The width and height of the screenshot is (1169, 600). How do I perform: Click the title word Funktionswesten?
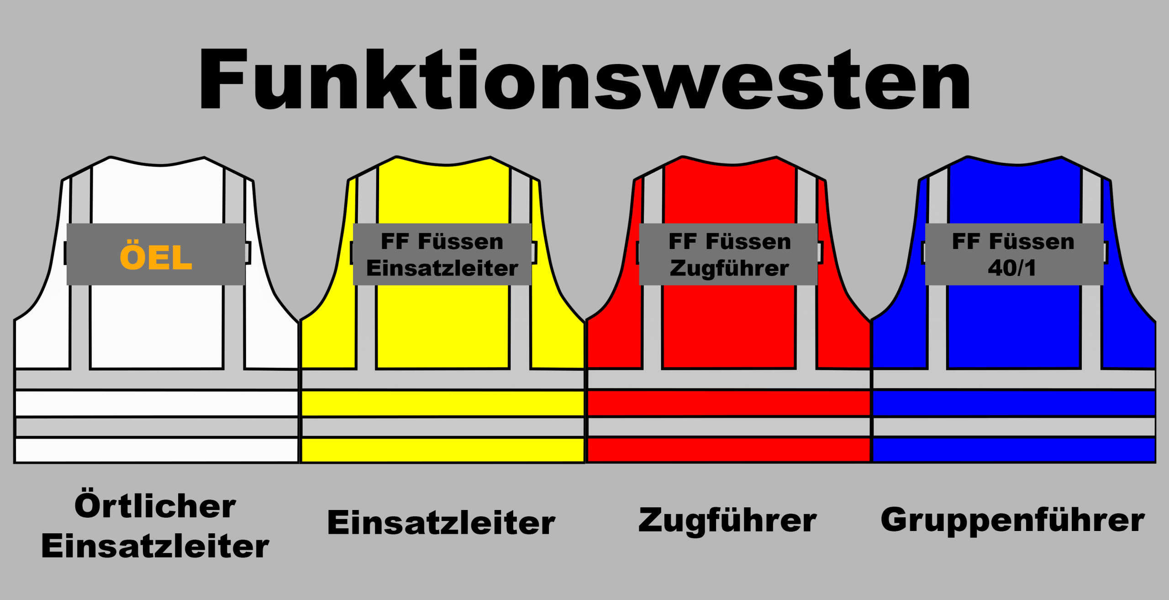point(584,80)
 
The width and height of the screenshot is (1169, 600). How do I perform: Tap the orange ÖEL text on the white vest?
point(156,257)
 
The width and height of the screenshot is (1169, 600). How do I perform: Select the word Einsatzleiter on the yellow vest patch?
point(442,268)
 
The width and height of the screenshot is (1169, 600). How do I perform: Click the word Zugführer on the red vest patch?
point(729,268)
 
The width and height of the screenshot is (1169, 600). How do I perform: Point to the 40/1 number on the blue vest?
point(1012,268)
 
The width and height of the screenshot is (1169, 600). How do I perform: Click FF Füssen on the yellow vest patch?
point(442,241)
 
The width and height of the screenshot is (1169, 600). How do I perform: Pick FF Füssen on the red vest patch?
point(729,241)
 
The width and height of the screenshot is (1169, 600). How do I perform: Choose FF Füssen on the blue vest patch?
point(1013,241)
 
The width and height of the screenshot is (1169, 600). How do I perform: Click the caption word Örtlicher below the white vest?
point(155,506)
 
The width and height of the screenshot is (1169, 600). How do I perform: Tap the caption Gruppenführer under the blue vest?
point(1012,520)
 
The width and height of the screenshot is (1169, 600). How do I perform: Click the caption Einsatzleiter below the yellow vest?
point(441,523)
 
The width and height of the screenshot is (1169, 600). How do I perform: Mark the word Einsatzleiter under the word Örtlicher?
point(155,547)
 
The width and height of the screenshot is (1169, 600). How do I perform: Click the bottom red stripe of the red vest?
point(729,450)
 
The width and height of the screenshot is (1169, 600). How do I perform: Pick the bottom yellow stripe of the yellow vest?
point(442,450)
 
